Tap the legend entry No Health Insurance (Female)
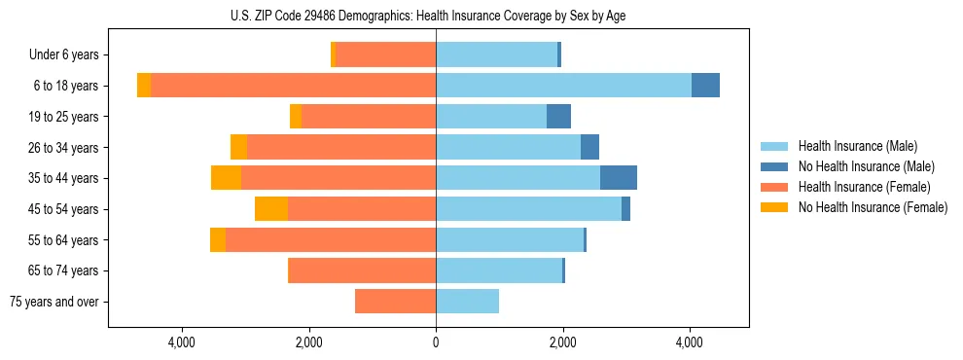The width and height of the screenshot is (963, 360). (873, 207)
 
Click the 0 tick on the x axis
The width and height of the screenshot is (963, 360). (436, 342)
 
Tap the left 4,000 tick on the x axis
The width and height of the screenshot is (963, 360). (182, 342)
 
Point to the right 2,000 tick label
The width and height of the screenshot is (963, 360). (562, 342)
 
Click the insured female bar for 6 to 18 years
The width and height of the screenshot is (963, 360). (293, 86)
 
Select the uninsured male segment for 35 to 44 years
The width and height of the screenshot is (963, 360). (619, 178)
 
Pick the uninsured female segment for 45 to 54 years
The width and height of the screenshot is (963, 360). (271, 209)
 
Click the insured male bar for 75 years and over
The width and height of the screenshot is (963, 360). (467, 302)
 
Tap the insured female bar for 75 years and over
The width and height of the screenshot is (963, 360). (395, 302)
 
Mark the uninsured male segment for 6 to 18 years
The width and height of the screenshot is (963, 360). (705, 86)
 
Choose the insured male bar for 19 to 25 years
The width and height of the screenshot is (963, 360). (491, 117)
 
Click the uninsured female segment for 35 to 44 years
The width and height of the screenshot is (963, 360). (226, 178)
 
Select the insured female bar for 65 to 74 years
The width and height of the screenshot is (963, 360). (363, 270)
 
